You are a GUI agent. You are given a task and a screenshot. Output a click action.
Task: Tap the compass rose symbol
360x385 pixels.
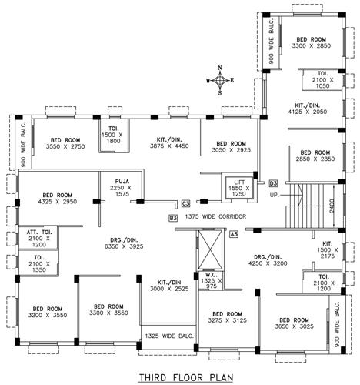[221, 79]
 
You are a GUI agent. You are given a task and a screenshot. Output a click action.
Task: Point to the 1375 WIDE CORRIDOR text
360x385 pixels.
[215, 217]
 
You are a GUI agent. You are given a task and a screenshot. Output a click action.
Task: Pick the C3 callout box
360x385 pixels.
[185, 204]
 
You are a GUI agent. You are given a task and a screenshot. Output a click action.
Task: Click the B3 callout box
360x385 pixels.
[173, 218]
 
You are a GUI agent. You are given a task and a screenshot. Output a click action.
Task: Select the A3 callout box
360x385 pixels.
[233, 233]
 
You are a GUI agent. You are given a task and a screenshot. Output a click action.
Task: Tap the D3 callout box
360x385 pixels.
[273, 182]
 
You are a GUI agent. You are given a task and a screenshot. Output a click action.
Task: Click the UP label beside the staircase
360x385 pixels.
[274, 195]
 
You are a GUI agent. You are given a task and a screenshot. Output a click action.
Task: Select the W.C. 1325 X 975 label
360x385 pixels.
[208, 281]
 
